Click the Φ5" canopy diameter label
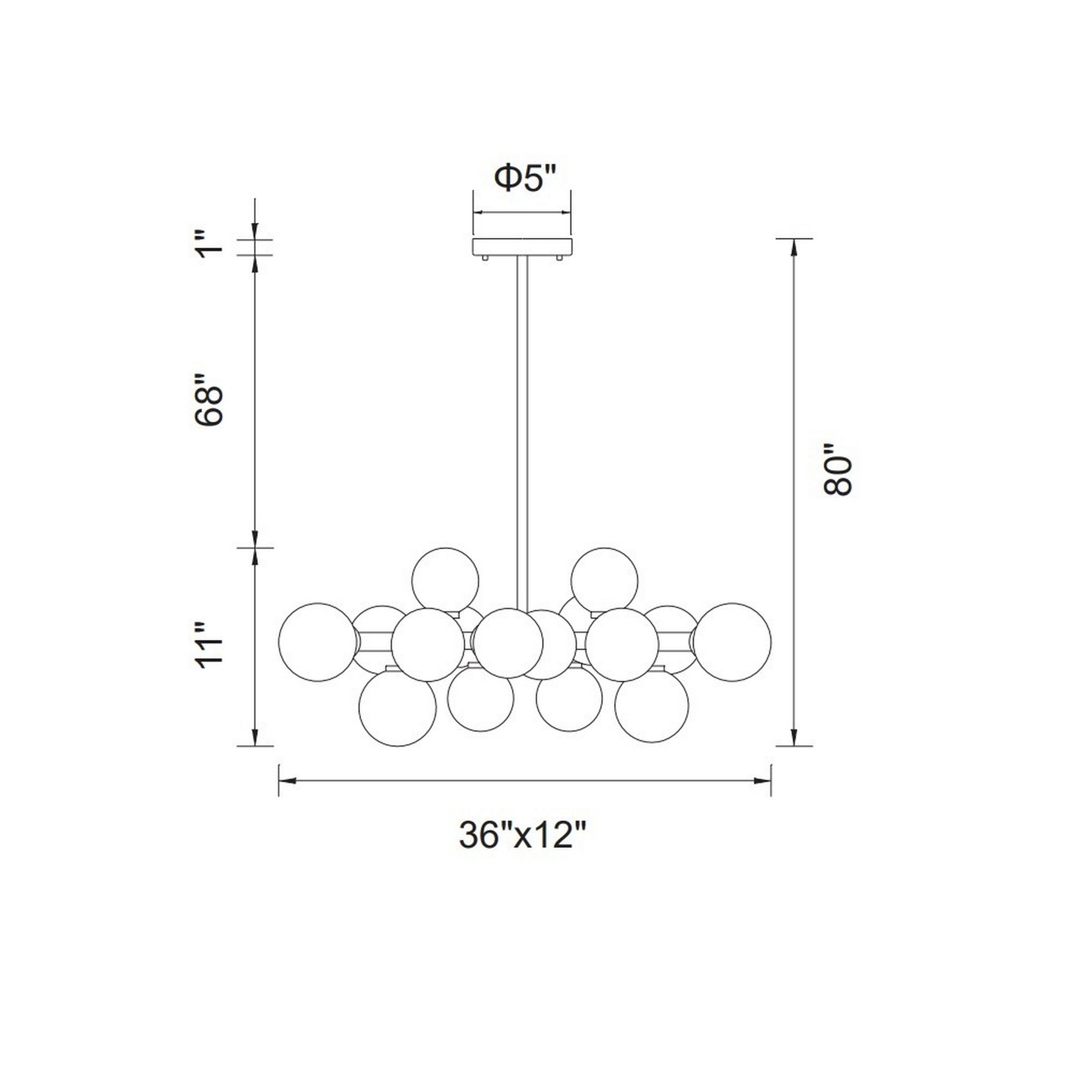pyautogui.click(x=525, y=178)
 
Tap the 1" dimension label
pyautogui.click(x=210, y=245)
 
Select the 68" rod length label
pyautogui.click(x=209, y=398)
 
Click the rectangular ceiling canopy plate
pyautogui.click(x=522, y=247)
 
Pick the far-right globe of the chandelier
pyautogui.click(x=732, y=642)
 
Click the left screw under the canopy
pyautogui.click(x=485, y=258)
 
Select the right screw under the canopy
pyautogui.click(x=560, y=258)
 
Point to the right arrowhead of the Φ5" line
pyautogui.click(x=567, y=212)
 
